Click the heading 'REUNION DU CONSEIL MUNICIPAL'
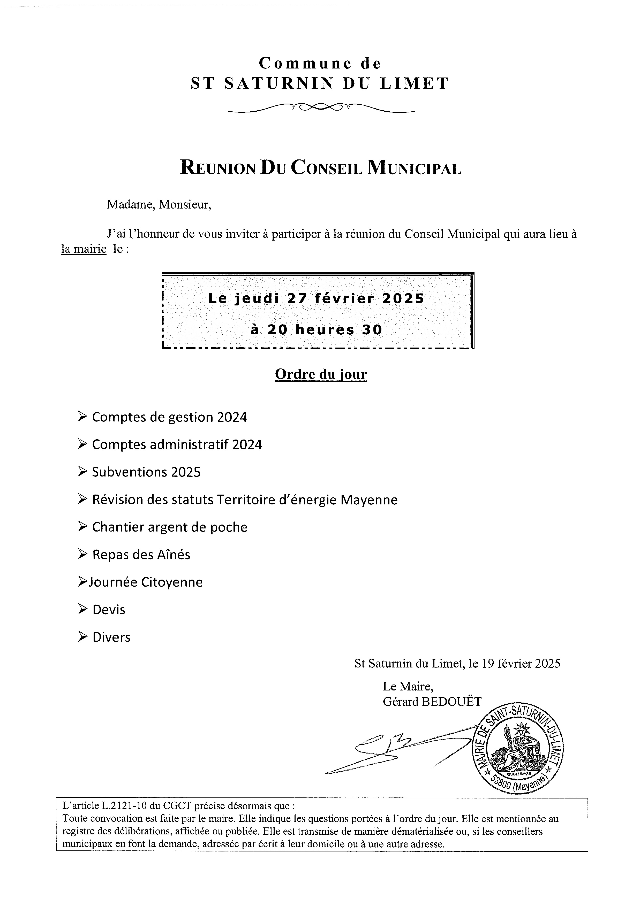click(x=321, y=168)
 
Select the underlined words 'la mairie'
click(x=84, y=249)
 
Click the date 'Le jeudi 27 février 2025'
click(x=316, y=298)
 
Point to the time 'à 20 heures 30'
click(x=316, y=329)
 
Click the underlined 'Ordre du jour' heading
click(x=321, y=374)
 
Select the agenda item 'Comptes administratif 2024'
click(x=177, y=445)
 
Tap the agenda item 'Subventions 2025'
click(x=146, y=472)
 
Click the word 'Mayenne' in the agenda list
click(x=369, y=500)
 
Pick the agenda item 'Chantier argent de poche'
click(x=170, y=527)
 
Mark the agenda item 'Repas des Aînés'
click(x=141, y=555)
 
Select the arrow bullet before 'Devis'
click(x=83, y=610)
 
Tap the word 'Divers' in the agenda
click(x=111, y=637)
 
